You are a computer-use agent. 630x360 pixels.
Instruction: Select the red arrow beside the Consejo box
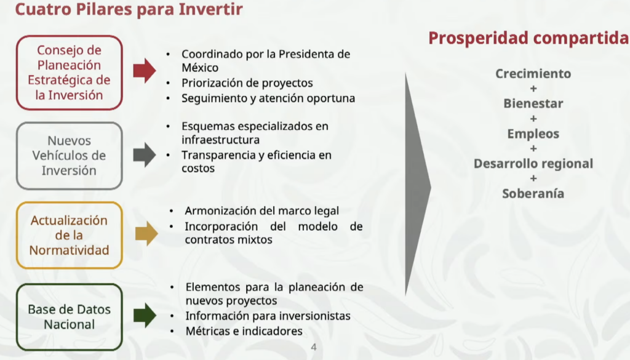tap(145, 71)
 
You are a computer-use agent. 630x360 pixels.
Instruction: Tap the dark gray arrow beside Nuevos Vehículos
tap(145, 155)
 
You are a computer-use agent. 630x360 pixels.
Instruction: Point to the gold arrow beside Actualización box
tap(146, 234)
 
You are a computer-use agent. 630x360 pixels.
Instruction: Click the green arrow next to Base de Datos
tap(145, 315)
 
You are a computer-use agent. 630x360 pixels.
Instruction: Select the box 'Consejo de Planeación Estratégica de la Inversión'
tap(70, 73)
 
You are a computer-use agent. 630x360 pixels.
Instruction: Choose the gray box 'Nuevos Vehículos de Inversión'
tap(70, 156)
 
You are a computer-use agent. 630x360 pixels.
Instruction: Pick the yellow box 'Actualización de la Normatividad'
tap(70, 235)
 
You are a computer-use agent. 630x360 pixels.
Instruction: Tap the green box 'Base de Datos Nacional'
tap(70, 316)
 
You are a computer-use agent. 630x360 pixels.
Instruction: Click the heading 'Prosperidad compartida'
tap(528, 38)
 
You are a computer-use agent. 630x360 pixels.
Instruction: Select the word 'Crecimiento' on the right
tap(533, 74)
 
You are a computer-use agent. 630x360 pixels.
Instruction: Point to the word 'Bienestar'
tap(533, 103)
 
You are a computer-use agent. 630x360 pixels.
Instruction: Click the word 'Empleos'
tap(533, 134)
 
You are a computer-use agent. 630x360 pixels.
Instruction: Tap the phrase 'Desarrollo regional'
tap(533, 164)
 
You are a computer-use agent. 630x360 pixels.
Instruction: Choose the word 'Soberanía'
tap(533, 193)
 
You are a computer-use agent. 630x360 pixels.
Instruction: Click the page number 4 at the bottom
tap(314, 348)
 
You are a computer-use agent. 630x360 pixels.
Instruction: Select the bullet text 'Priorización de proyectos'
tap(247, 83)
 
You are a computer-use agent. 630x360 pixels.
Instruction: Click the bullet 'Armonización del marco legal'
tap(261, 211)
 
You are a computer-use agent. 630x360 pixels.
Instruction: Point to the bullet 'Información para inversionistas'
tap(268, 316)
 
